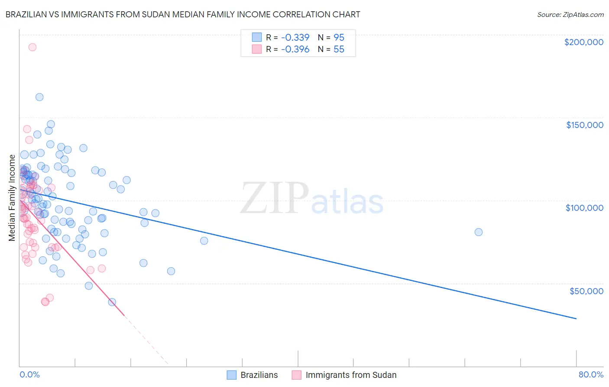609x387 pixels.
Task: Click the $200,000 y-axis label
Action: click(583, 42)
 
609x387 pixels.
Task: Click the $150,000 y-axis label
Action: click(584, 125)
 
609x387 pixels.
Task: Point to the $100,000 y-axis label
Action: click(584, 208)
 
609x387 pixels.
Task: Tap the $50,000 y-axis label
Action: click(586, 291)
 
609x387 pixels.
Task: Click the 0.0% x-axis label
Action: click(29, 374)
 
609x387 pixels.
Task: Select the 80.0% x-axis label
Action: click(591, 374)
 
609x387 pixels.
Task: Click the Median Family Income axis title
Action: click(12, 197)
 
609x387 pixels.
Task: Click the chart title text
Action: click(183, 14)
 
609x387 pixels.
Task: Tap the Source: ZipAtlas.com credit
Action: click(570, 15)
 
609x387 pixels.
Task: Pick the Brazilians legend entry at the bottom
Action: click(253, 375)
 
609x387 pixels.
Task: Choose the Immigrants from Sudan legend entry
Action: click(344, 375)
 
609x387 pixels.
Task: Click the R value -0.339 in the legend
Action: click(295, 37)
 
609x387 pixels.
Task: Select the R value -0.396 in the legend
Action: click(295, 49)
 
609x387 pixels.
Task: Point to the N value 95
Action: click(339, 37)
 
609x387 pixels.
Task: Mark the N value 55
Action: click(339, 49)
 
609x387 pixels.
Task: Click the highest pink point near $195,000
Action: click(32, 47)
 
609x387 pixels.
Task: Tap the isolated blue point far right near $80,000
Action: click(479, 232)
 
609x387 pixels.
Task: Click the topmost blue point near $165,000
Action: click(39, 97)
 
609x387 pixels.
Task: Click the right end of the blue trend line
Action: click(576, 318)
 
